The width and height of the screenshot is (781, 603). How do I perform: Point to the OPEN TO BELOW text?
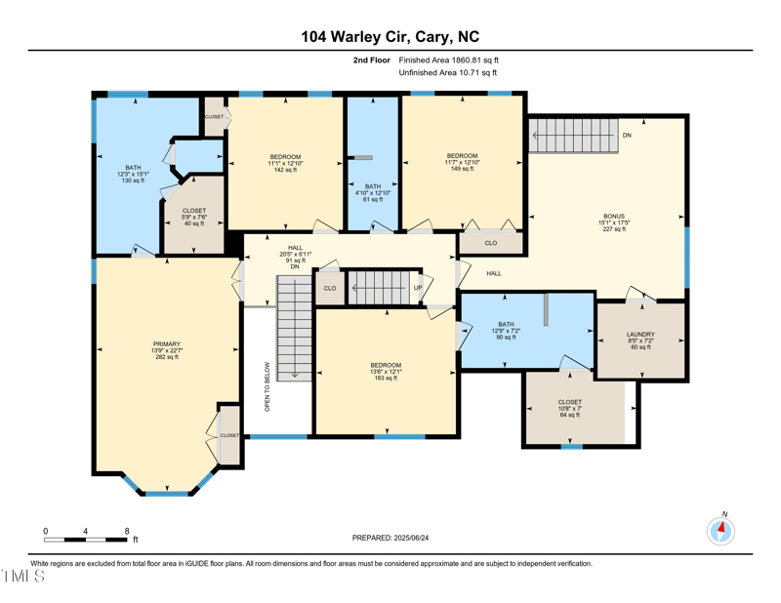coord(267,386)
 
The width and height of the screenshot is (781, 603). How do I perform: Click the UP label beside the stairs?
coord(418,288)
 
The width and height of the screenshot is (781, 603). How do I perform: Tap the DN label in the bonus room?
coord(627,135)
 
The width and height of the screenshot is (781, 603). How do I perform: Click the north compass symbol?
coord(720,531)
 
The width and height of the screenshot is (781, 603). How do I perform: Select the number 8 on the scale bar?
coord(127,531)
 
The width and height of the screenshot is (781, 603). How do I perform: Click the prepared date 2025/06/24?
coord(390,538)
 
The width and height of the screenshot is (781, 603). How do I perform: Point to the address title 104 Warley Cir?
coord(390,37)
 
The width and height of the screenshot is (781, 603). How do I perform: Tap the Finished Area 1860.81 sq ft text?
coord(449,60)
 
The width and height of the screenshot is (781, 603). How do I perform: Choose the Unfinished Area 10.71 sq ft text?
coord(448,73)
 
